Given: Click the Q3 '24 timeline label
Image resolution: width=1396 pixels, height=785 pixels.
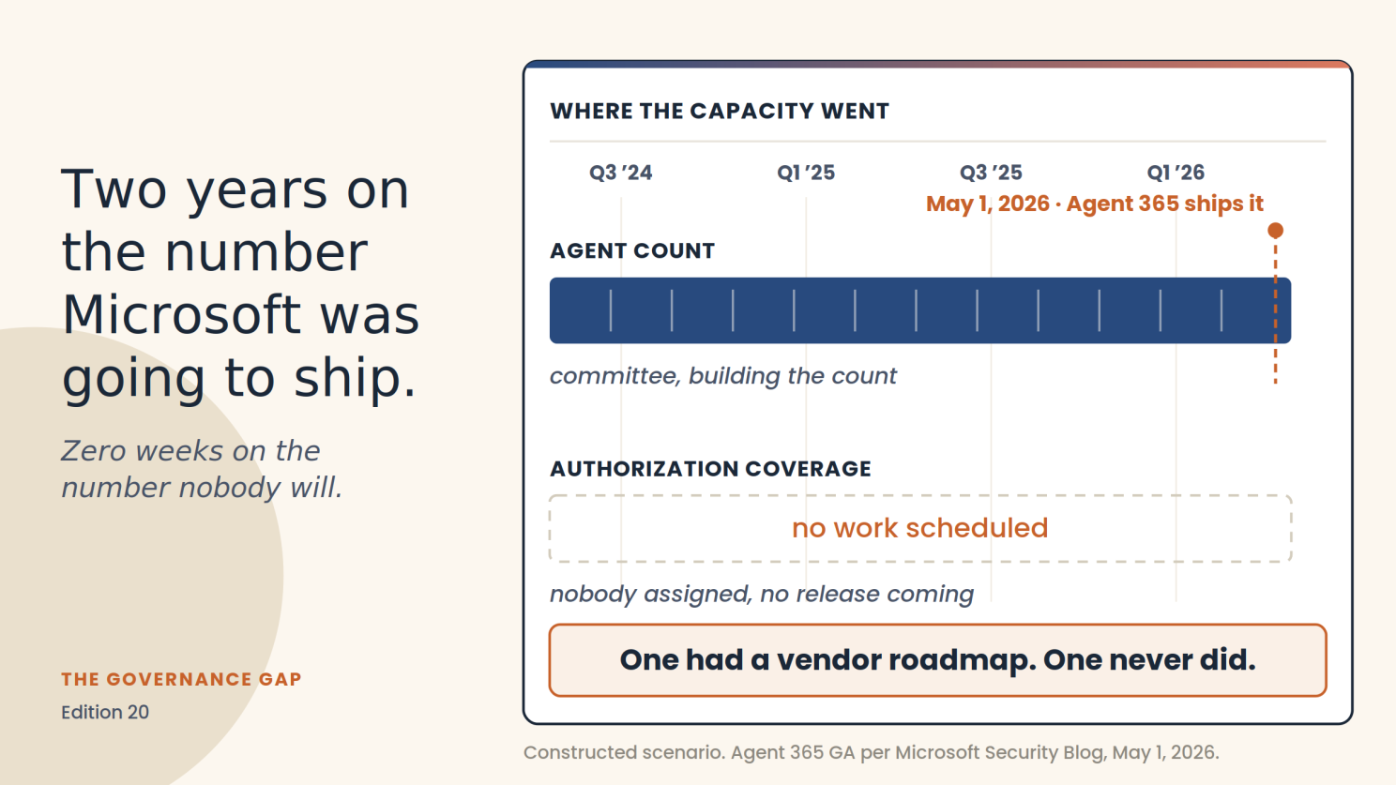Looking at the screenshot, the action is (621, 173).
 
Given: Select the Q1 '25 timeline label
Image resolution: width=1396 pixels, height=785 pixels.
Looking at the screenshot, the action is (806, 173).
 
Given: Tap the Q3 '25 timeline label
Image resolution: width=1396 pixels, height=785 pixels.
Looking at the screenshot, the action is (991, 173).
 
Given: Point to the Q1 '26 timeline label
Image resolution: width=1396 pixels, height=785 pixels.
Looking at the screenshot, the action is (1176, 173).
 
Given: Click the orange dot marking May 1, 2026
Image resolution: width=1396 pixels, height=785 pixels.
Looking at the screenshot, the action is (1275, 231).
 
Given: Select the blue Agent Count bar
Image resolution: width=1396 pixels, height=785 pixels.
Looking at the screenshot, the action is (919, 310).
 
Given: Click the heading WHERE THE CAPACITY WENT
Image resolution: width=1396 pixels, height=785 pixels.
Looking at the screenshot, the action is (720, 111).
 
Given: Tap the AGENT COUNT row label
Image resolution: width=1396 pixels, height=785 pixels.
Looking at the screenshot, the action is (632, 250).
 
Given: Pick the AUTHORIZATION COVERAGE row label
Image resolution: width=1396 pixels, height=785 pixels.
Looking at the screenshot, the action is (710, 469).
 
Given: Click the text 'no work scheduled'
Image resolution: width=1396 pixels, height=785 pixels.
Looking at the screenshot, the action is (919, 528).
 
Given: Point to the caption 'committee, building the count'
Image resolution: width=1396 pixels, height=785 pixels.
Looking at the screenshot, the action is (723, 376).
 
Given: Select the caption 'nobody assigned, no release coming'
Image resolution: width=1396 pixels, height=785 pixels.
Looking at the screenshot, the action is (762, 595).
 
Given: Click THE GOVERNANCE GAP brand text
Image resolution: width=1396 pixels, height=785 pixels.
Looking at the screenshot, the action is (181, 679).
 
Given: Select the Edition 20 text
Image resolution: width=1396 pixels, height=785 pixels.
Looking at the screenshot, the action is (105, 712).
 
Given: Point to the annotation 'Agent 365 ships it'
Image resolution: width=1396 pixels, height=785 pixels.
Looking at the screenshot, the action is (1165, 204).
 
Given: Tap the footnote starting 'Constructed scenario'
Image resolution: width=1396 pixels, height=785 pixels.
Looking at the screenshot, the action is (872, 752).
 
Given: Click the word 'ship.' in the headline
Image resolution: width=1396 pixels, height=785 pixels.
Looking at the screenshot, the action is (355, 378).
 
